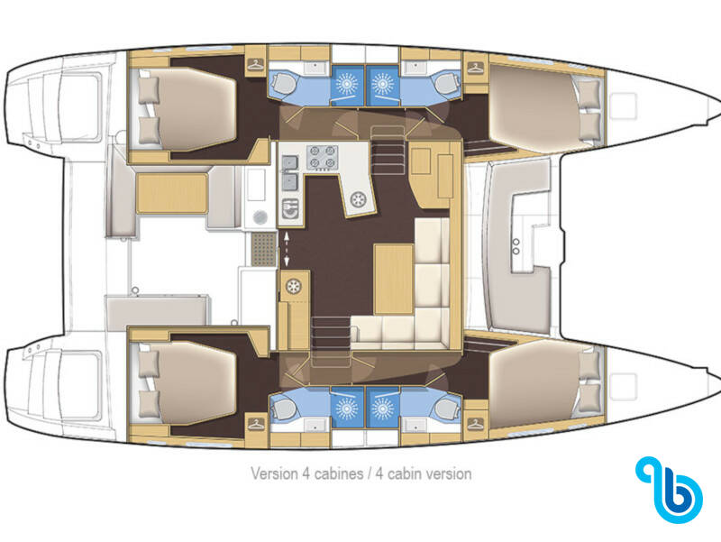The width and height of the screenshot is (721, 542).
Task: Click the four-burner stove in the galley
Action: coord(323,157)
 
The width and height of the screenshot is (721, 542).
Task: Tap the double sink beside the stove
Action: coord(289,172)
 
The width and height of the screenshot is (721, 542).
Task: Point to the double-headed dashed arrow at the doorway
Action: coord(286,250)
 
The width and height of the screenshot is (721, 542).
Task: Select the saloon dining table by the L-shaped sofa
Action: coord(394,280)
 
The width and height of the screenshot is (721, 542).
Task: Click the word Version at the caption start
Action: coord(274,473)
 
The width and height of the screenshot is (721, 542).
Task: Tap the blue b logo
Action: coord(669,490)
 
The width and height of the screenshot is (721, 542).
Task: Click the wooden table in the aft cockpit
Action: coord(172,194)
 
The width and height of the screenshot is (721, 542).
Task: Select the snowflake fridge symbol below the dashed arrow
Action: coord(294,286)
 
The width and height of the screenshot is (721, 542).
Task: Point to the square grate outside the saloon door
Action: coord(263,250)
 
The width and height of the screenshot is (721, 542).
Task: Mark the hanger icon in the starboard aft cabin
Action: coord(256,424)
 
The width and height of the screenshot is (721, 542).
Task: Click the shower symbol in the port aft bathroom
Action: coord(347,83)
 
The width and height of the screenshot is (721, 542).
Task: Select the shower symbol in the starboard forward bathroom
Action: coord(382,408)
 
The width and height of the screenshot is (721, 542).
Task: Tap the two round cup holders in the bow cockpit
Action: coord(516,246)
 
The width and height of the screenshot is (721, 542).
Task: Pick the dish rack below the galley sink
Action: coord(289,208)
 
